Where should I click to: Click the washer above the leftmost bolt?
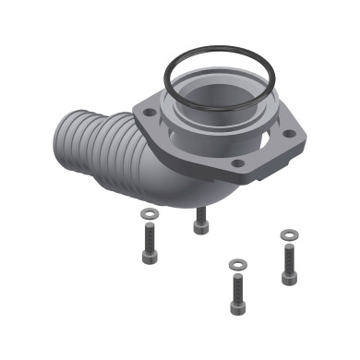[x=149, y=213]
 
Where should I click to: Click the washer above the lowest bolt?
[x=236, y=265]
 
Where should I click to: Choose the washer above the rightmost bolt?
[x=288, y=234]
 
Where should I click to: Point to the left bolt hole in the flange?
[x=148, y=112]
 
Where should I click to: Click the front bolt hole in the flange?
[x=239, y=163]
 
